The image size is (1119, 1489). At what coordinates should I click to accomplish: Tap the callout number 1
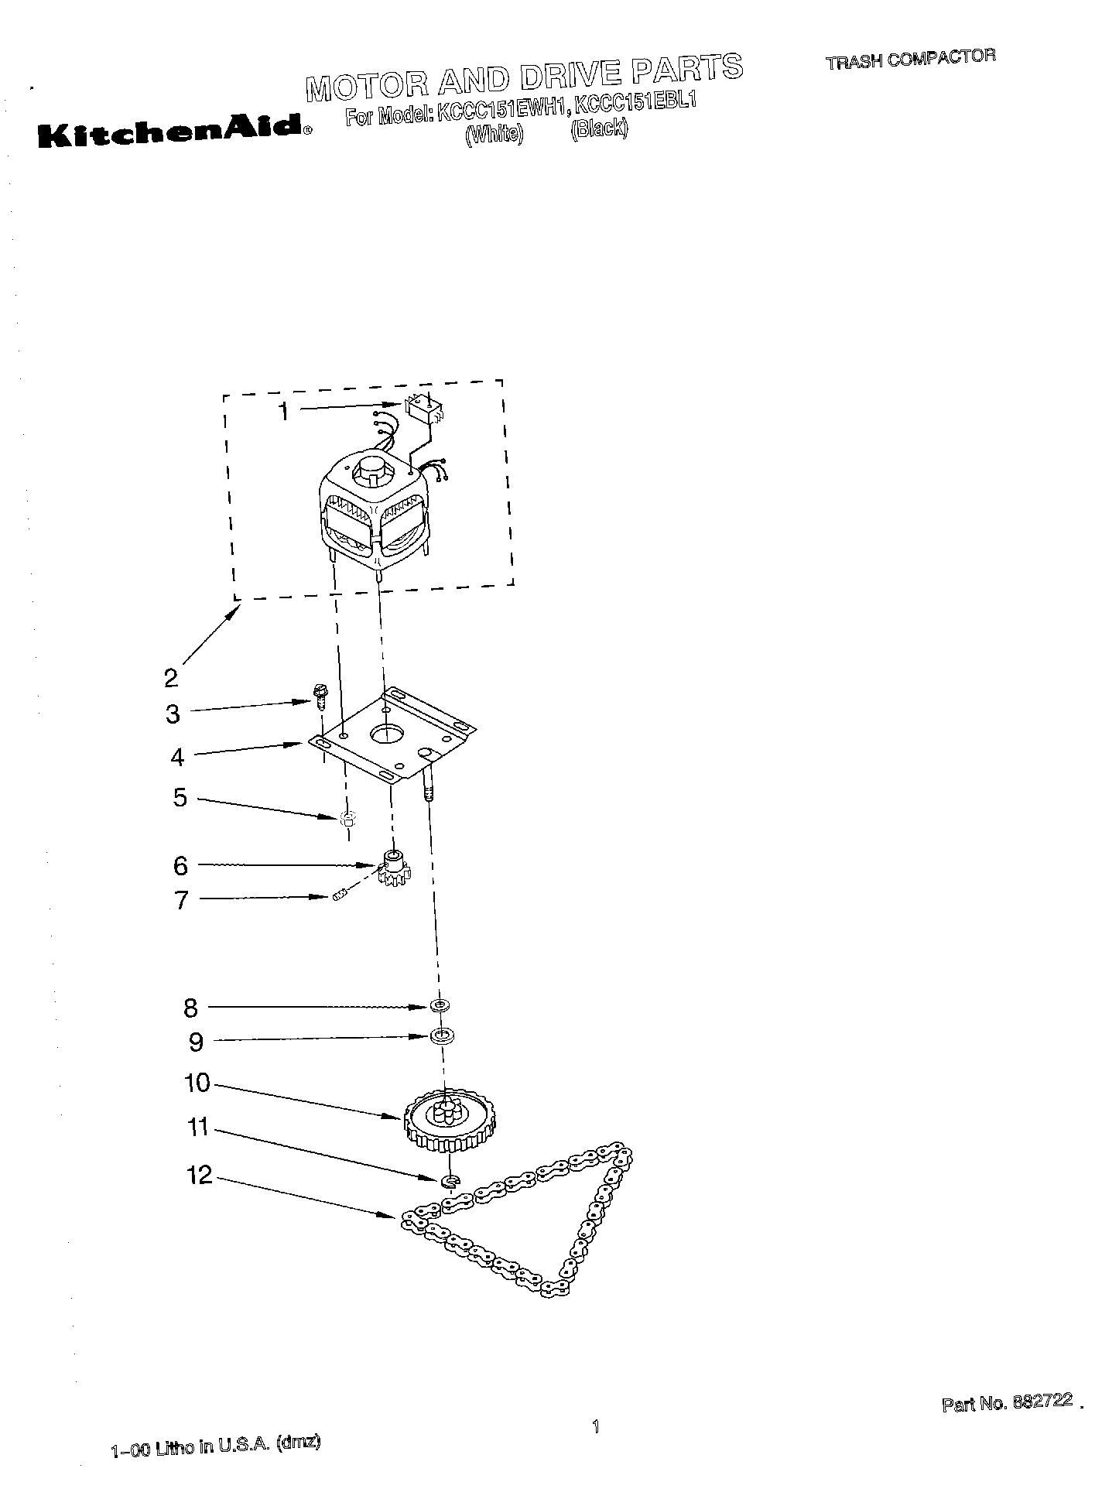pos(284,412)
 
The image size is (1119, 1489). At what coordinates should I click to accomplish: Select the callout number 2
pos(171,677)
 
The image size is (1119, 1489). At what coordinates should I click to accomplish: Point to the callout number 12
pos(199,1176)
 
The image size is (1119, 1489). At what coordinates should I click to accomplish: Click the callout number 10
pos(197,1083)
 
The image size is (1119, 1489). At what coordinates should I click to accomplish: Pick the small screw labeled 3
pos(318,694)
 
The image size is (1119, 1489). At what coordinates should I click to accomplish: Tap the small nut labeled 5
pos(347,818)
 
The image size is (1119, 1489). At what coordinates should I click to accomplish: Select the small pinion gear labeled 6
pos(394,869)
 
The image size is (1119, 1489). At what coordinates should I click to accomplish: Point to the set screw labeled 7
pos(338,898)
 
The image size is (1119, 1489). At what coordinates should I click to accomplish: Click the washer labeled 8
pos(440,1005)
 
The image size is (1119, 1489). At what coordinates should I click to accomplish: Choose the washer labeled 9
pos(442,1035)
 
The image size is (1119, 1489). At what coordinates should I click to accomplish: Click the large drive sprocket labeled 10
pos(448,1119)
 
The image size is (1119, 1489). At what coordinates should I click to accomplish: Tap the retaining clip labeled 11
pos(450,1180)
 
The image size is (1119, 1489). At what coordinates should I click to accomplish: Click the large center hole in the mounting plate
pos(388,731)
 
